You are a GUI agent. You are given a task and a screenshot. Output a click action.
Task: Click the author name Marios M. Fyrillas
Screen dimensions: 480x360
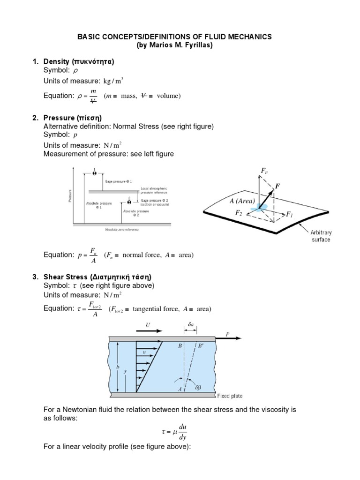180,45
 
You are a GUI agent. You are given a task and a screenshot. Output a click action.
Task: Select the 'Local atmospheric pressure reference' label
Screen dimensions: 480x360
154,190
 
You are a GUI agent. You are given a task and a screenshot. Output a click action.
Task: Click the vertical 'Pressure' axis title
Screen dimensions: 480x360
70,196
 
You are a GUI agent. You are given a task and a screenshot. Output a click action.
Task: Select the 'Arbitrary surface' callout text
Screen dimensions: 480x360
321,236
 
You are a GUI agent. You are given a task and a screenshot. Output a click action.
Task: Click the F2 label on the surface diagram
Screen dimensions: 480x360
239,213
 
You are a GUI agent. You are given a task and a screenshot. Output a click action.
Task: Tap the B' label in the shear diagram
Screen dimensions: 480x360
201,346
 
